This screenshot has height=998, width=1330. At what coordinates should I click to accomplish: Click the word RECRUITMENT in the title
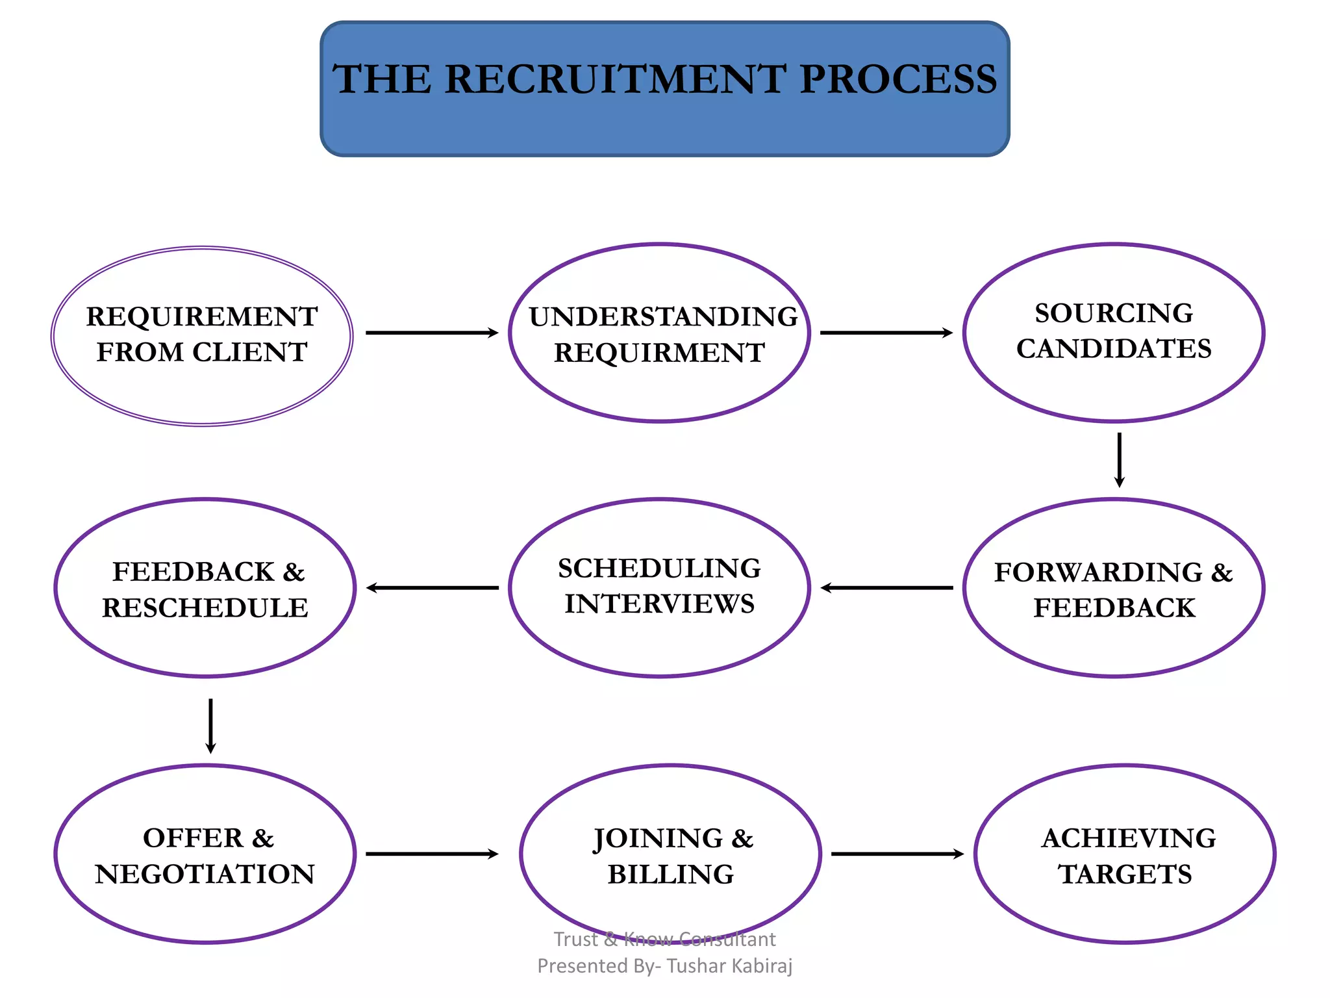pos(615,79)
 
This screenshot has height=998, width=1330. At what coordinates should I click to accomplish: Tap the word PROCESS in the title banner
pos(897,79)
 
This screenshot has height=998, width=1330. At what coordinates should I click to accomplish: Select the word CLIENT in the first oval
pos(249,352)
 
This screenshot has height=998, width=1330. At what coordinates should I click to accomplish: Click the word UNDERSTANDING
pos(663,317)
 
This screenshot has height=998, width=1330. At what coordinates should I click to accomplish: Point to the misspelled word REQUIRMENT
pos(659,353)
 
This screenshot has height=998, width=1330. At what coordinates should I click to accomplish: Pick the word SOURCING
pos(1114,313)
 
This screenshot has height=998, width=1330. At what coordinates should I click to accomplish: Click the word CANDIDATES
pos(1114,349)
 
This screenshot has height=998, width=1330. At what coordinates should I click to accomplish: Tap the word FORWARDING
pos(1098,572)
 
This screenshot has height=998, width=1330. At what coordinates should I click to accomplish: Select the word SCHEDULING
pos(659,569)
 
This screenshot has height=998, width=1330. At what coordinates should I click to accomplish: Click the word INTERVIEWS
pos(659,604)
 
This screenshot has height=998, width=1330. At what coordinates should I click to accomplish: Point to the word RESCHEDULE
pos(205,608)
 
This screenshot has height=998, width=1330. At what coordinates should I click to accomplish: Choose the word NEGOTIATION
pos(205,875)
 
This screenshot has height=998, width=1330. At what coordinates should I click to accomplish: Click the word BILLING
pos(671,875)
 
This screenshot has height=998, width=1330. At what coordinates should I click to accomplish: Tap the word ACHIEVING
pos(1129,838)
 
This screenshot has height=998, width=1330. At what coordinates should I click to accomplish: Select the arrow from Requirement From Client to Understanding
pos(432,333)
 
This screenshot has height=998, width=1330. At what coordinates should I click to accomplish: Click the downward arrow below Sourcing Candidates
pos(1119,460)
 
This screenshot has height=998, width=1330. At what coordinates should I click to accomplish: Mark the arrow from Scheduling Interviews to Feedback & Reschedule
pos(432,588)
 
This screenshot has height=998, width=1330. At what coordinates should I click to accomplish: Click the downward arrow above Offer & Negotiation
pos(210,726)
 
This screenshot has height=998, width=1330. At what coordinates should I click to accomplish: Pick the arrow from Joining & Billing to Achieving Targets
pos(897,854)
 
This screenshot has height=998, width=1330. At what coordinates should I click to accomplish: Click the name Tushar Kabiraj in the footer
pos(729,966)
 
